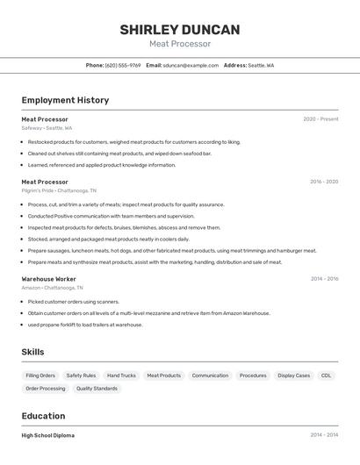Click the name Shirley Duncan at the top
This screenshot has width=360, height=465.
[x=179, y=30]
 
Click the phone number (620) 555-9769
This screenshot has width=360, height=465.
[x=123, y=65]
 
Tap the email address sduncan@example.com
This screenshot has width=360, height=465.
[x=191, y=65]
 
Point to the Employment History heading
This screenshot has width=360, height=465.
[x=65, y=100]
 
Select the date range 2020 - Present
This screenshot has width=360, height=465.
[x=320, y=119]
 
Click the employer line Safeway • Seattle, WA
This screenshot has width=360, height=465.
[x=47, y=128]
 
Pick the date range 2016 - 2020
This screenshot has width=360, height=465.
[x=324, y=182]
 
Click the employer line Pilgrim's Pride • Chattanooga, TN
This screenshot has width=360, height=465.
[x=59, y=190]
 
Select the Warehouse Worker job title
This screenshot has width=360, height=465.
[x=48, y=279]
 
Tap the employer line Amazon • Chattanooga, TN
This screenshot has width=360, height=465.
[x=52, y=288]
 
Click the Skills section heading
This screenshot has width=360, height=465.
[x=32, y=352]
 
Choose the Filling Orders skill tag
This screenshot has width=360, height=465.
[x=40, y=376]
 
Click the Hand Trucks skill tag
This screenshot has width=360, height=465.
[x=121, y=376]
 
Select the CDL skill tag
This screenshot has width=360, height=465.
[x=326, y=376]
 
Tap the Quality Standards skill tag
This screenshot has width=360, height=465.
[x=97, y=388]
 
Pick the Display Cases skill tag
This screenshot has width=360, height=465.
[x=293, y=376]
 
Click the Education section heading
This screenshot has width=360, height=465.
[x=43, y=416]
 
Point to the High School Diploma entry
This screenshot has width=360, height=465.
[x=47, y=435]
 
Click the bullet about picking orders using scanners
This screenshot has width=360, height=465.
[x=73, y=302]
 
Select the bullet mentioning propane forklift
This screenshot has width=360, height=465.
[x=84, y=325]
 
